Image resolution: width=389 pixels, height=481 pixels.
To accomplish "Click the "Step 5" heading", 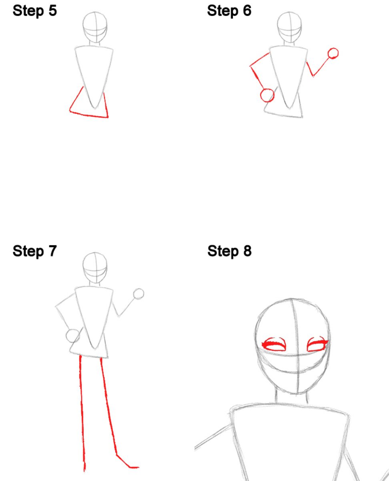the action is click(x=35, y=11).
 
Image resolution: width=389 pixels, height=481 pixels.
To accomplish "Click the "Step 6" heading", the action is click(x=229, y=11).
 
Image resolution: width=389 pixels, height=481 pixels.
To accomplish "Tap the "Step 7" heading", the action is click(x=35, y=251).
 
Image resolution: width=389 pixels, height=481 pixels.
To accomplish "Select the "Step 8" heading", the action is click(x=229, y=251).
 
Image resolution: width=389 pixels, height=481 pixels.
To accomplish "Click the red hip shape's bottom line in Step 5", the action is click(x=89, y=115).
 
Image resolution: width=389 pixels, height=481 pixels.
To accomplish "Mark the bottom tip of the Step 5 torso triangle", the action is click(x=95, y=108).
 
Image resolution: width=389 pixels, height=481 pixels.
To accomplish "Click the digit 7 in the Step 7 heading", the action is click(x=53, y=251).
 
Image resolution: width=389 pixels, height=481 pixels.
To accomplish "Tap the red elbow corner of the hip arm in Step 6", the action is click(x=250, y=66).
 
